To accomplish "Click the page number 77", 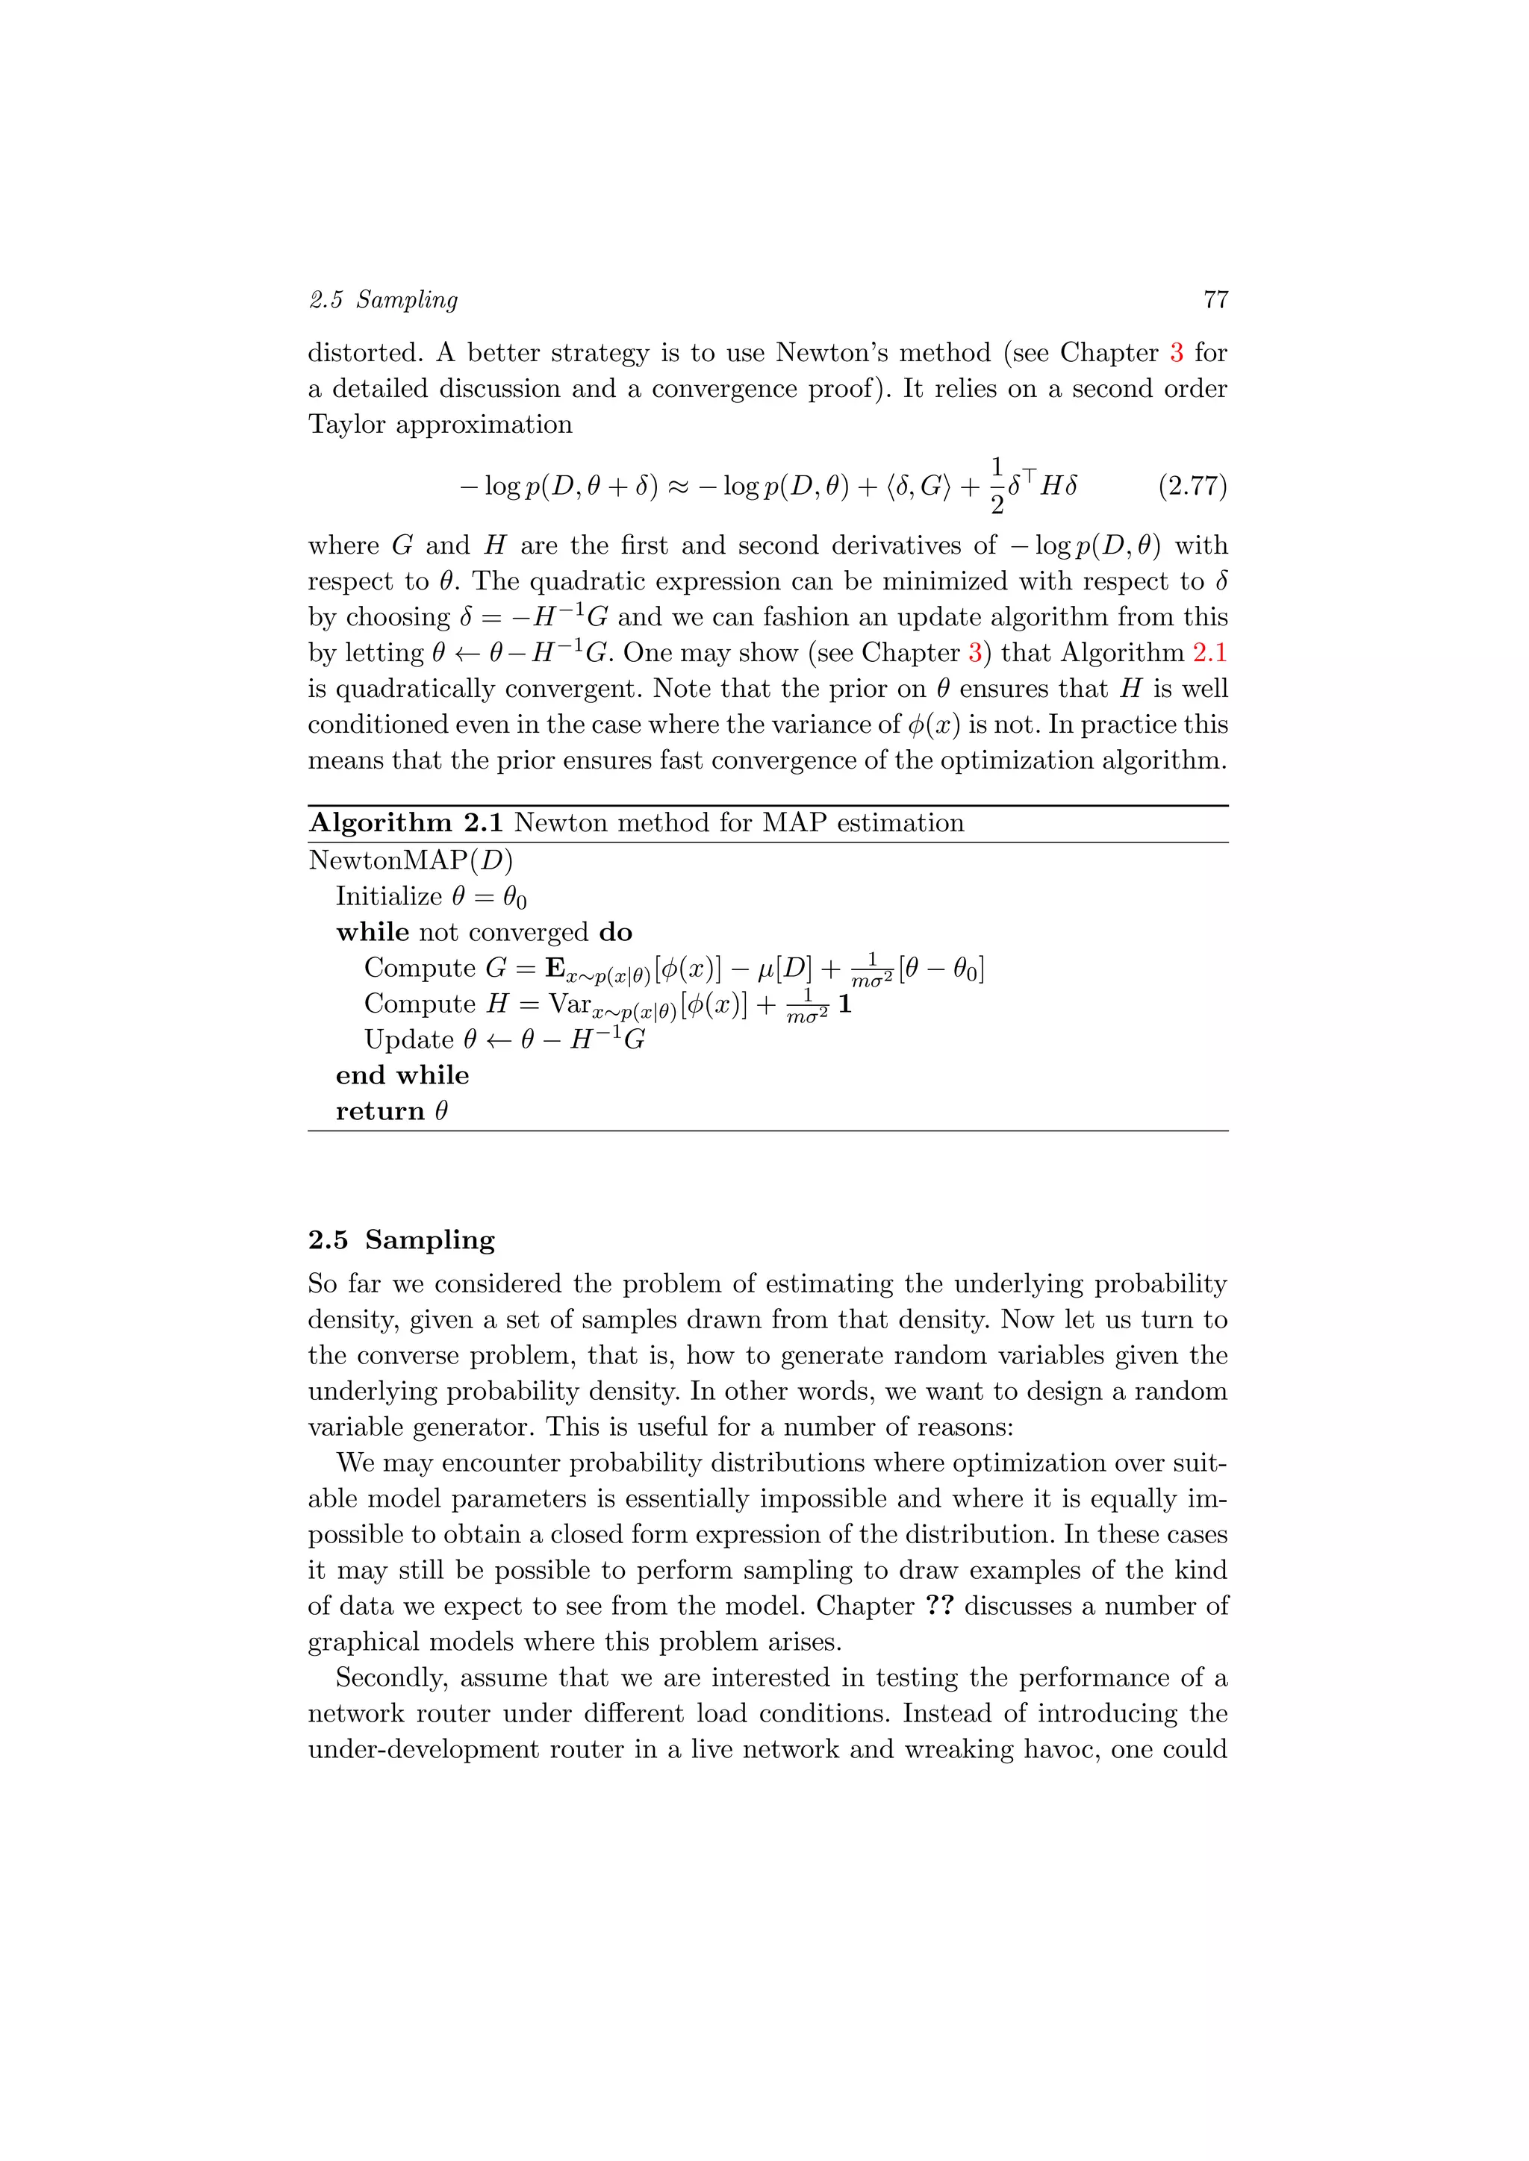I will [1215, 299].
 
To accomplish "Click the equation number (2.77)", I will [1192, 486].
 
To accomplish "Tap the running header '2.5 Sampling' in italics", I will [383, 299].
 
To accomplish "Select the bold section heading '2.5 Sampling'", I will [401, 1239].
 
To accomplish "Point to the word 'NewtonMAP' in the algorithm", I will [388, 860].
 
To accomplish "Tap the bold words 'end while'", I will [402, 1075].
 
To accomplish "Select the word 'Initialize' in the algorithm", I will [389, 896].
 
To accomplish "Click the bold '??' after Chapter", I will [938, 1605].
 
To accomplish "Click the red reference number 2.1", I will [1209, 652].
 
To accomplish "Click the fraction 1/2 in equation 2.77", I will [996, 486].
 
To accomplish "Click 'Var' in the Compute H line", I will [570, 1004].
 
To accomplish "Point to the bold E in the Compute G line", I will [555, 968].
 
